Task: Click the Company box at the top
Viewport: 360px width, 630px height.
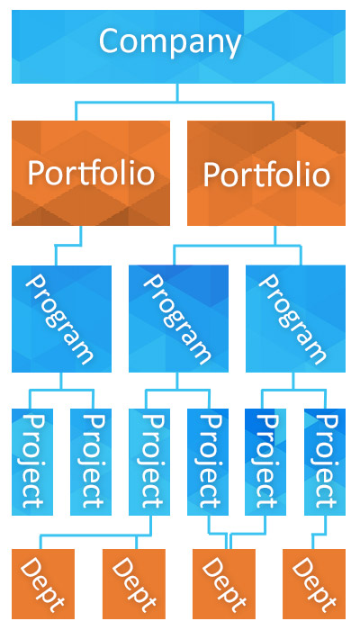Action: tap(178, 47)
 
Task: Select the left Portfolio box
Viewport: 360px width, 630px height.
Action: tap(91, 173)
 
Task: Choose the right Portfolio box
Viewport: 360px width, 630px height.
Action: tap(266, 173)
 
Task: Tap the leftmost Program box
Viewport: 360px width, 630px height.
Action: tap(61, 319)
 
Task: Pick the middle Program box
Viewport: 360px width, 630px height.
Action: tap(178, 319)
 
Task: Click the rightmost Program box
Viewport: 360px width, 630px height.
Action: tap(296, 319)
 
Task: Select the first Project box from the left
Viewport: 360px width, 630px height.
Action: tap(32, 462)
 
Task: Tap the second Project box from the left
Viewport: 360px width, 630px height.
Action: tap(91, 462)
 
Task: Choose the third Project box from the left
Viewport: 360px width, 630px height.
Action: tap(149, 462)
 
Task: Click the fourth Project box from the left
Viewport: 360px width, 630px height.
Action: tap(208, 462)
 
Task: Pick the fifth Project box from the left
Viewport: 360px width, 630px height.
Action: tap(265, 462)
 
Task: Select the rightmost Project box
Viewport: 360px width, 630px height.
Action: tap(325, 462)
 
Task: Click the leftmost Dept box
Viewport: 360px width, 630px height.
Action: tap(43, 584)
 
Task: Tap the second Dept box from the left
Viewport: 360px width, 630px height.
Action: tap(134, 584)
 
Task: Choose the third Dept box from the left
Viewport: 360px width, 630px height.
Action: tap(224, 584)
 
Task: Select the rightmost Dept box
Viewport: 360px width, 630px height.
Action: tap(314, 584)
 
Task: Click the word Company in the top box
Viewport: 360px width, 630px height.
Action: tap(169, 42)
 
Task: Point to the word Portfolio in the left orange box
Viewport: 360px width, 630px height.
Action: tap(91, 173)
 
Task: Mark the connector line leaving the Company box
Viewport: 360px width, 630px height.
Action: tap(177, 102)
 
